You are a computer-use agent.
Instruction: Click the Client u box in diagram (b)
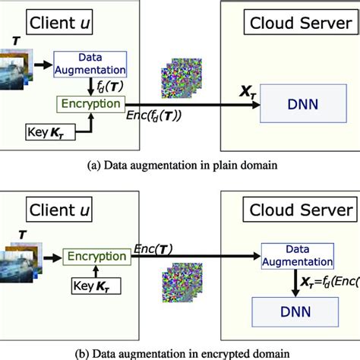(68, 210)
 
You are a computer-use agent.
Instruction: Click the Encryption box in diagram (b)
(96, 257)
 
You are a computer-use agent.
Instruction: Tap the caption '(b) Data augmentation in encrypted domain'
(180, 352)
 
